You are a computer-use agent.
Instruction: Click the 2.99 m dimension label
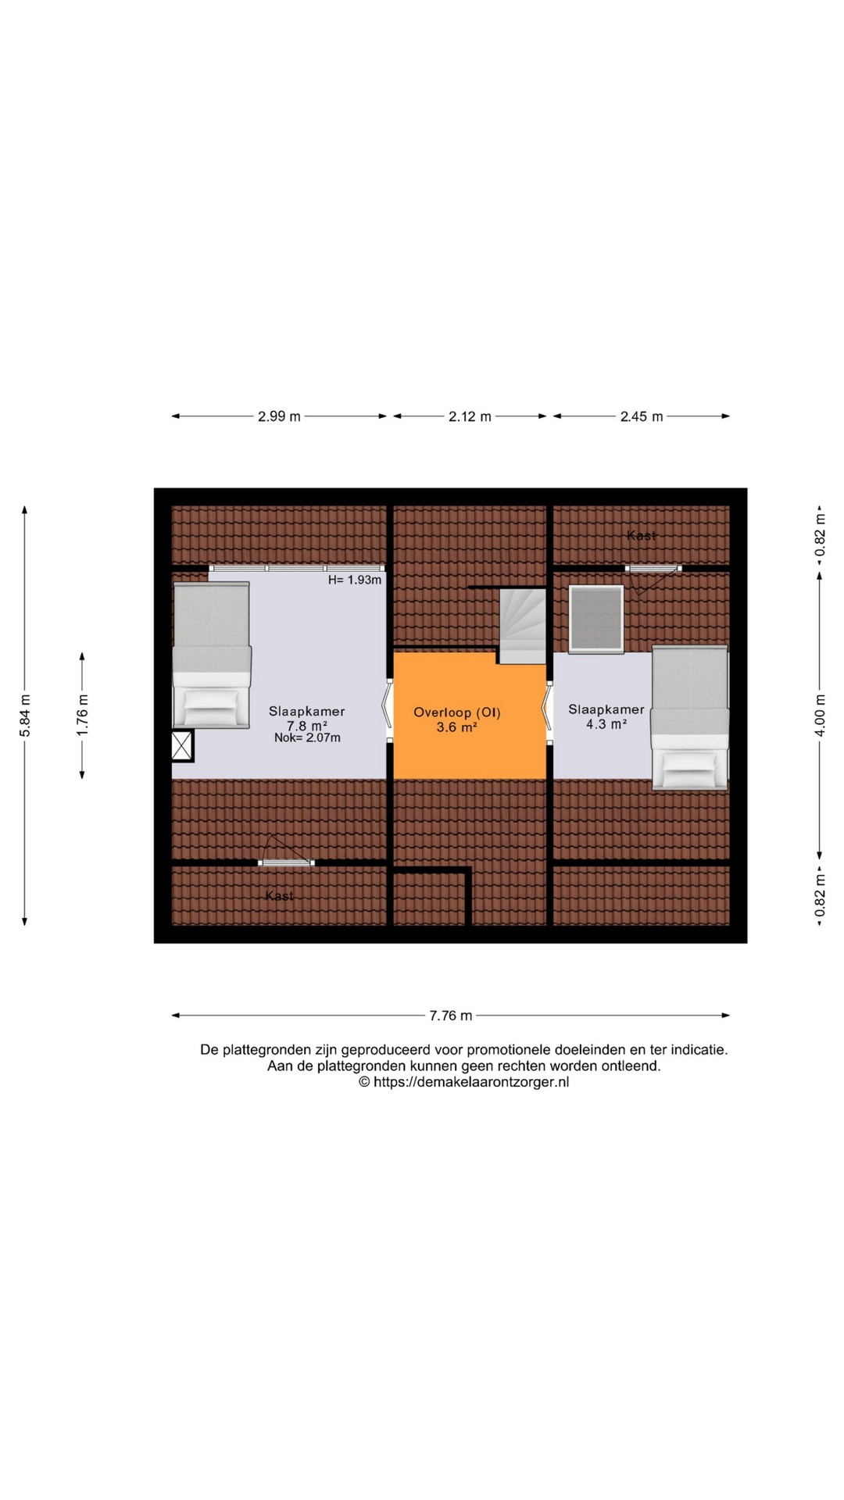(279, 416)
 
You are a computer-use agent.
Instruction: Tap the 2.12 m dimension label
(470, 416)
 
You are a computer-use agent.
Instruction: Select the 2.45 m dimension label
(642, 416)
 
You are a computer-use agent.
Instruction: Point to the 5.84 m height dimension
(25, 716)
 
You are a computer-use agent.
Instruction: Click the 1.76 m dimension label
(83, 716)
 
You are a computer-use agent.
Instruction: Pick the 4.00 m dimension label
(820, 716)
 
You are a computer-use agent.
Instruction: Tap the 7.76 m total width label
(451, 1016)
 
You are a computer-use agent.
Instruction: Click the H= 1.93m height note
(355, 580)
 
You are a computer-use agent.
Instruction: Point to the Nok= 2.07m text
(307, 737)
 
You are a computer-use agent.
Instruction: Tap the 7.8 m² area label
(307, 725)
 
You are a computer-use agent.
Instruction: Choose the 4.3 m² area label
(606, 724)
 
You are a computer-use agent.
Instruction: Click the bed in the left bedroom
(211, 655)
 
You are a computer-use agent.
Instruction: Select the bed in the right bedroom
(690, 717)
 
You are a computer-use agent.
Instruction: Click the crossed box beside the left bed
(183, 746)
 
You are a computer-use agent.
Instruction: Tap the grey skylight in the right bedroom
(597, 619)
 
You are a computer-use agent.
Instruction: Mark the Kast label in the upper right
(642, 536)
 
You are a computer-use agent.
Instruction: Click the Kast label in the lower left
(279, 895)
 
